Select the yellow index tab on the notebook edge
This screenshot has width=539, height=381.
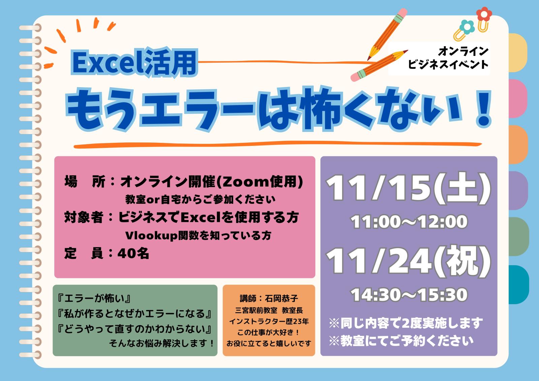(x=517, y=53)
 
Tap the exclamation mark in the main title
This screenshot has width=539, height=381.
(x=484, y=109)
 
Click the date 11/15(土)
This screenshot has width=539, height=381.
(x=408, y=189)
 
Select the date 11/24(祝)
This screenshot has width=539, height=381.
(x=408, y=262)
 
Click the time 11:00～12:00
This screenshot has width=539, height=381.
(x=409, y=222)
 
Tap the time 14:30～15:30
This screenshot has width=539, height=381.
(x=409, y=295)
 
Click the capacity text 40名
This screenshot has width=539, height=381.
(x=133, y=253)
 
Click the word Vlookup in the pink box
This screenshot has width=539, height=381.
(x=151, y=236)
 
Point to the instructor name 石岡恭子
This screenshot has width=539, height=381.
(x=281, y=299)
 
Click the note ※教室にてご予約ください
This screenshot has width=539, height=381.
(x=401, y=341)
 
